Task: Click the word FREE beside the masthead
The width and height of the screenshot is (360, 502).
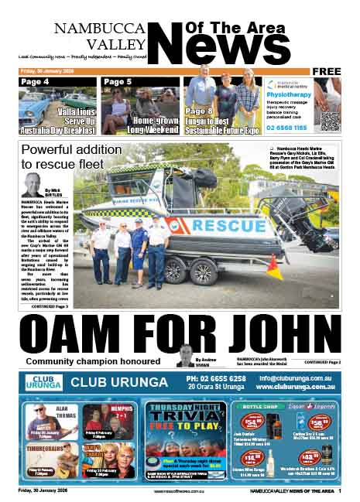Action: click(327, 71)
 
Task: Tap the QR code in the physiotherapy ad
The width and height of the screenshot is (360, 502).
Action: click(330, 120)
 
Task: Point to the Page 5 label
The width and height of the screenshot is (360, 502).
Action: click(117, 82)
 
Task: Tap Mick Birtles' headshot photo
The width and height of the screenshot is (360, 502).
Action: click(32, 186)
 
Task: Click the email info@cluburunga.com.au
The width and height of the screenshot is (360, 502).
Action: click(297, 378)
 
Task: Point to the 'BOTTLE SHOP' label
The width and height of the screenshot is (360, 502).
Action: click(259, 405)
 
